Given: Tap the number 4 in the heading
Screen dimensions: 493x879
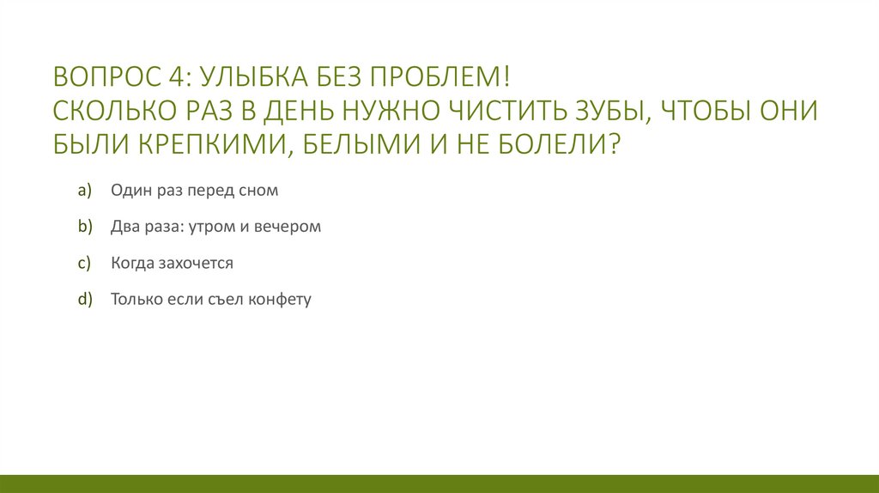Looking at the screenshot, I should point(177,78).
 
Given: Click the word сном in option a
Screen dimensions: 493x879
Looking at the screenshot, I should point(259,191).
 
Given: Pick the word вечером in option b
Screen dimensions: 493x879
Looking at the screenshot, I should point(292,227).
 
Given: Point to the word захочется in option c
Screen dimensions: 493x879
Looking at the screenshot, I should point(195,264).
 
